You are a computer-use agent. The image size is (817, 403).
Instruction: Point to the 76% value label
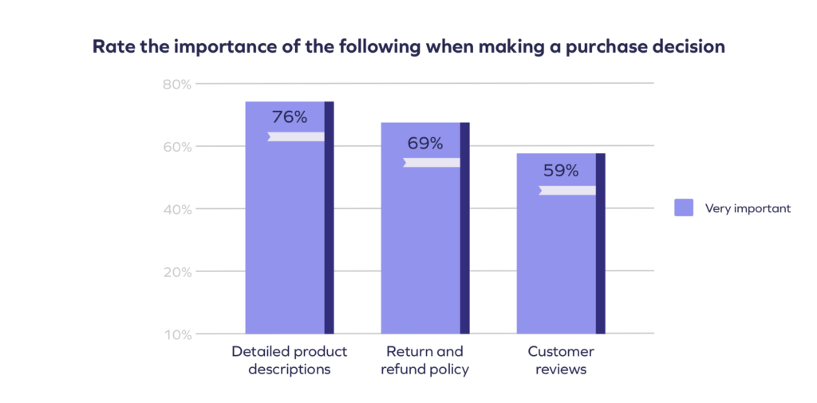289,117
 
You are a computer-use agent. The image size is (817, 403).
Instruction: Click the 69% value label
424,144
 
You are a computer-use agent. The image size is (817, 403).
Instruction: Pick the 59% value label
560,171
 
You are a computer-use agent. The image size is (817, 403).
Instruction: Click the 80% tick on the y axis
177,84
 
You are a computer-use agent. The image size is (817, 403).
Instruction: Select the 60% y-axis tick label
177,147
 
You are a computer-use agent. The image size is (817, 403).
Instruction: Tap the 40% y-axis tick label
177,209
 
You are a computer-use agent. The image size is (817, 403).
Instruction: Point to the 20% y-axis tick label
177,272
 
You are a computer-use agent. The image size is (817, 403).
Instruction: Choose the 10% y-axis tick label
177,334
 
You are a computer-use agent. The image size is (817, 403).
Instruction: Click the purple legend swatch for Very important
684,208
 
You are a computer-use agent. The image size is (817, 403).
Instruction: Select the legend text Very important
748,208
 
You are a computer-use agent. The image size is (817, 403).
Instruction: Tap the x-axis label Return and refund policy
424,361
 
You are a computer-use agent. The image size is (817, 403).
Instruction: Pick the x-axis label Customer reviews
561,361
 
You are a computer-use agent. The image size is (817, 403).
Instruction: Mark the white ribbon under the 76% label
296,136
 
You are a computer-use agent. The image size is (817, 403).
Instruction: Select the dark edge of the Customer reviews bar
601,243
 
